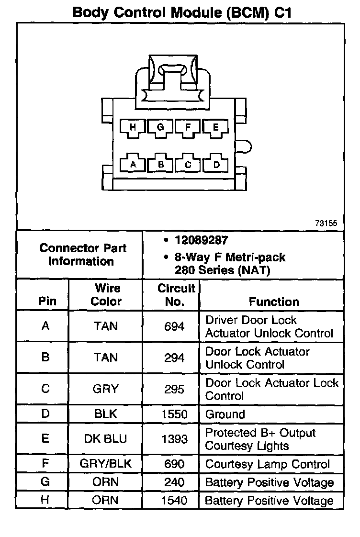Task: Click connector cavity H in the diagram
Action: (x=133, y=127)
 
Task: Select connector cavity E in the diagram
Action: (x=215, y=127)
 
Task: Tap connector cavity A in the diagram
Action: (x=133, y=164)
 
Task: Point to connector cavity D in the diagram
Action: (x=215, y=164)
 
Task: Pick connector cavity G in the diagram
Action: (x=160, y=127)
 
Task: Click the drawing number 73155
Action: (x=326, y=223)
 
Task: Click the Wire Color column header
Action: (x=106, y=295)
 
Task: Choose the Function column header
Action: (x=274, y=302)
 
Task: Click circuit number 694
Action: (x=174, y=326)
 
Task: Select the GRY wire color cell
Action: (x=105, y=389)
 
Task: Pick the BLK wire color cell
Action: (x=105, y=414)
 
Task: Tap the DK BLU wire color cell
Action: (x=105, y=439)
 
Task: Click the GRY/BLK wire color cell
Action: (x=105, y=464)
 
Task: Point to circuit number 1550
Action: (x=174, y=414)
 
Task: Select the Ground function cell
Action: (x=225, y=414)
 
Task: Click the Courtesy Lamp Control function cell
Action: (x=267, y=464)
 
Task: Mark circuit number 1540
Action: (x=174, y=501)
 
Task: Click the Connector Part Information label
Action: (x=83, y=255)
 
